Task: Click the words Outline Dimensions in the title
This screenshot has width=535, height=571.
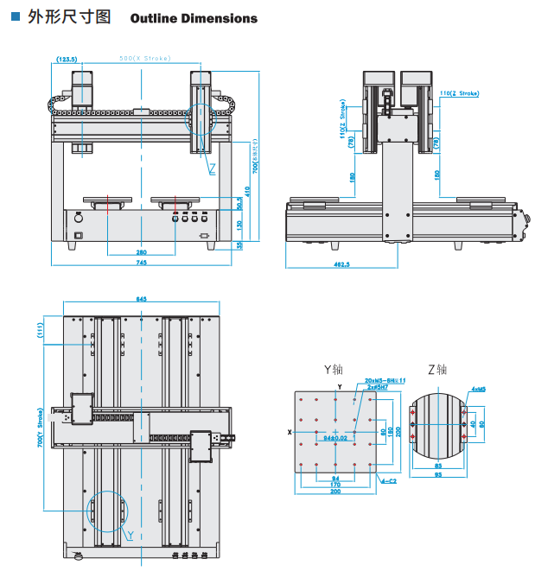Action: click(x=194, y=18)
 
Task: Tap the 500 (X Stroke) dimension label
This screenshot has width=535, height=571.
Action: click(x=145, y=59)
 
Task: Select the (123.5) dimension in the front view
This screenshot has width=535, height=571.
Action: click(x=67, y=59)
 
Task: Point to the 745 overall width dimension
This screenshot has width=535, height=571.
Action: click(x=140, y=263)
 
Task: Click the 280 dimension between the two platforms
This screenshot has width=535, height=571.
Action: click(x=140, y=252)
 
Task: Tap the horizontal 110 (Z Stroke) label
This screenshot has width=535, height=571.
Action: click(x=459, y=92)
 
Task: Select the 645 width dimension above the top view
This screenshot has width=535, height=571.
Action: click(x=141, y=299)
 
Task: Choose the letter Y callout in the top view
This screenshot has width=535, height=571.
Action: click(x=130, y=536)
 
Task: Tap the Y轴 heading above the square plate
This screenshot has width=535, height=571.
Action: click(x=333, y=370)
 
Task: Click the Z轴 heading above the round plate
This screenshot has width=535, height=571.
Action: click(x=437, y=370)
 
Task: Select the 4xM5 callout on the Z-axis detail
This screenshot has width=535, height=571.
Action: click(x=479, y=390)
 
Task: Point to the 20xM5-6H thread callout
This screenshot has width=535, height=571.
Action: click(x=379, y=380)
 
